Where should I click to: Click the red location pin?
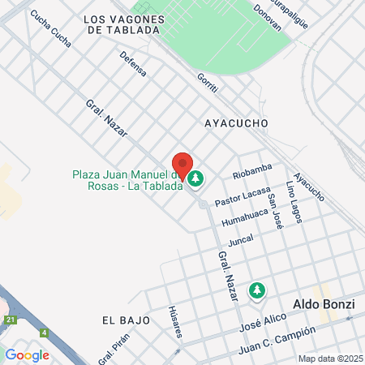(x=182, y=165)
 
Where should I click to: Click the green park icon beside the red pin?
(x=196, y=177)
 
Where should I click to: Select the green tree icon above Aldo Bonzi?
(x=257, y=290)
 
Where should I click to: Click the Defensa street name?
(x=133, y=64)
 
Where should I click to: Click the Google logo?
(x=28, y=354)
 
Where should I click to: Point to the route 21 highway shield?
(x=10, y=321)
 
